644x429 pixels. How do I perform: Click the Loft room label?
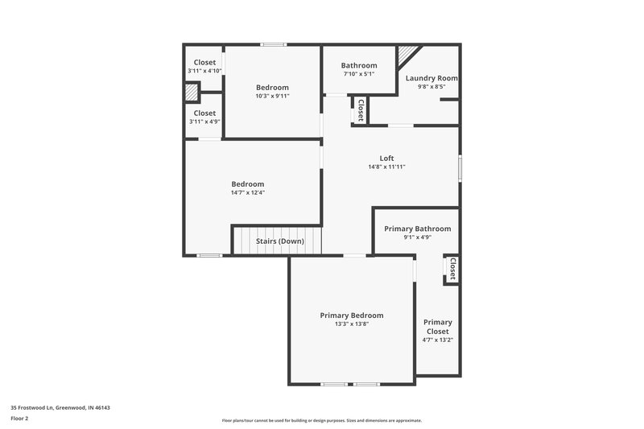click(x=386, y=158)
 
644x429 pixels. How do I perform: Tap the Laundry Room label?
click(x=431, y=78)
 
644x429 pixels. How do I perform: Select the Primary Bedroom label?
click(x=352, y=315)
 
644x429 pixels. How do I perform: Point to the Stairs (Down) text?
click(x=279, y=241)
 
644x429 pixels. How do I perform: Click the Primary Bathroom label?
click(x=417, y=229)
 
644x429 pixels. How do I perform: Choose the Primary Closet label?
click(x=438, y=326)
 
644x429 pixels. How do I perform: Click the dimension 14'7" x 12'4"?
click(x=248, y=192)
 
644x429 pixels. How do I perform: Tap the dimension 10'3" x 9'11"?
click(x=272, y=96)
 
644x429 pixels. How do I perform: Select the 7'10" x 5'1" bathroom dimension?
click(x=359, y=74)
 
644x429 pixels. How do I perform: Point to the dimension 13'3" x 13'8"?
click(x=352, y=324)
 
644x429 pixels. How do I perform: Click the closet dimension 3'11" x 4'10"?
click(x=204, y=71)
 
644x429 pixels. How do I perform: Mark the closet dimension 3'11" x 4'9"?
click(x=204, y=122)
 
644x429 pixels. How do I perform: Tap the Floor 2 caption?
click(x=20, y=419)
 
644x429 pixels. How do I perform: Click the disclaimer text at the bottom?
click(x=322, y=420)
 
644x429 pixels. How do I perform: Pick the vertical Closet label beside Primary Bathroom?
click(x=452, y=269)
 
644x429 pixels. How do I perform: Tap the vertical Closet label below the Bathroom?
click(x=360, y=110)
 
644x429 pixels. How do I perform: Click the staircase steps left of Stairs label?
click(x=243, y=240)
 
